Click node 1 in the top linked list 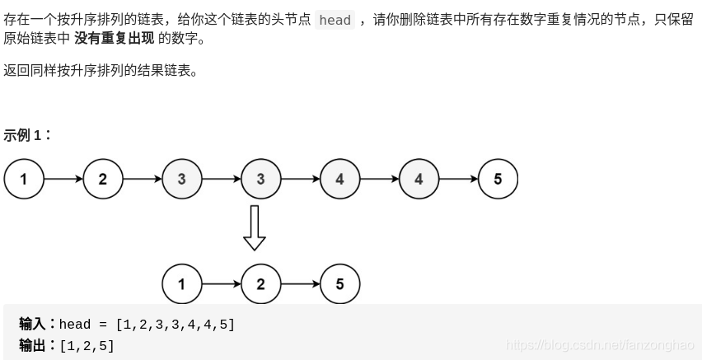coord(24,179)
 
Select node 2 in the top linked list coord(103,179)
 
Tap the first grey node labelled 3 coord(182,179)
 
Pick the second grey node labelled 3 coord(261,179)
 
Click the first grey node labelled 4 coord(340,179)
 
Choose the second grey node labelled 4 coord(419,179)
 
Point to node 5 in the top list coord(498,179)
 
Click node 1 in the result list coord(182,284)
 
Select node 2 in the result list coord(261,284)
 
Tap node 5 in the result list coord(340,284)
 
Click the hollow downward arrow coord(255,227)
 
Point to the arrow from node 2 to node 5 coord(301,284)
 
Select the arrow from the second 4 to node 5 coord(459,179)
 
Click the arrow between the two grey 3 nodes coord(222,179)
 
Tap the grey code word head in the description coord(335,20)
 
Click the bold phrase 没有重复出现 coord(119,39)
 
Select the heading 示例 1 coord(27,135)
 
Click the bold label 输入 coord(37,324)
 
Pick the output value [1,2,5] coord(87,345)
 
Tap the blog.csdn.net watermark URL coord(600,345)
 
